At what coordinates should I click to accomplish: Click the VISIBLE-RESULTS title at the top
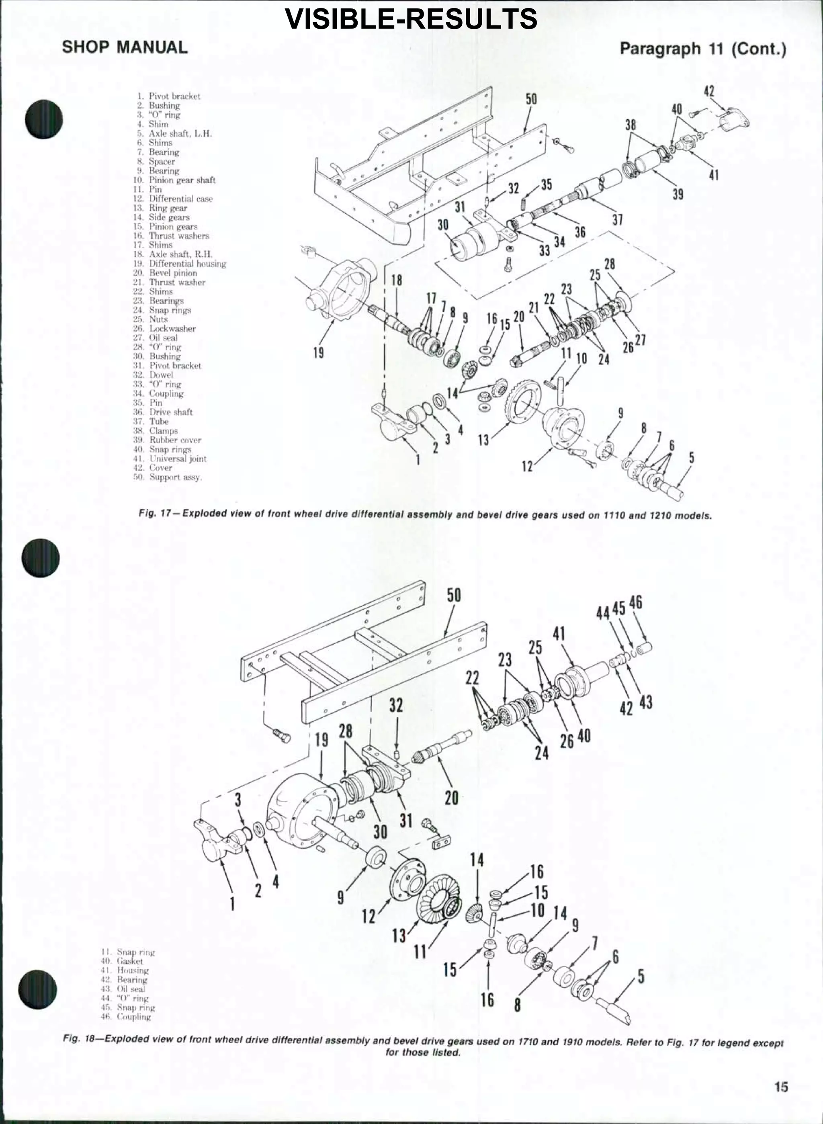click(411, 19)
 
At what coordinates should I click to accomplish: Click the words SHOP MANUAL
click(125, 47)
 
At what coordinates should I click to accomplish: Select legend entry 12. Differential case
click(174, 199)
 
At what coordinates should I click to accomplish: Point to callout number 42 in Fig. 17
click(709, 91)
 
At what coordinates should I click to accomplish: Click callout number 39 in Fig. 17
click(678, 194)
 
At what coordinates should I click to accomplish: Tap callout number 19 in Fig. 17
click(318, 353)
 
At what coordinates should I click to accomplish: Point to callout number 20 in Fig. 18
click(451, 798)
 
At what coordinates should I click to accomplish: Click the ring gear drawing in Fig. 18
click(437, 900)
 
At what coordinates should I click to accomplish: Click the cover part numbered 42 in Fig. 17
click(734, 120)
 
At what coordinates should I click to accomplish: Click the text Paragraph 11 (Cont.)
click(702, 49)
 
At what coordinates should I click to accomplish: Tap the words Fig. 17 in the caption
click(155, 514)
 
